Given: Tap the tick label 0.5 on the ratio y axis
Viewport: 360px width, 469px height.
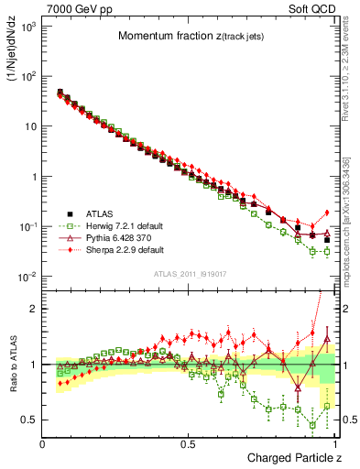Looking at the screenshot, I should point(30,420).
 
